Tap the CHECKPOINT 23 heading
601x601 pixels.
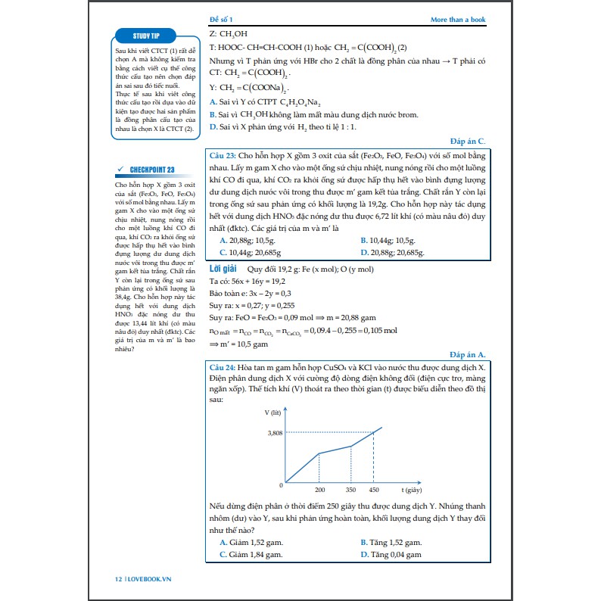point(147,170)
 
